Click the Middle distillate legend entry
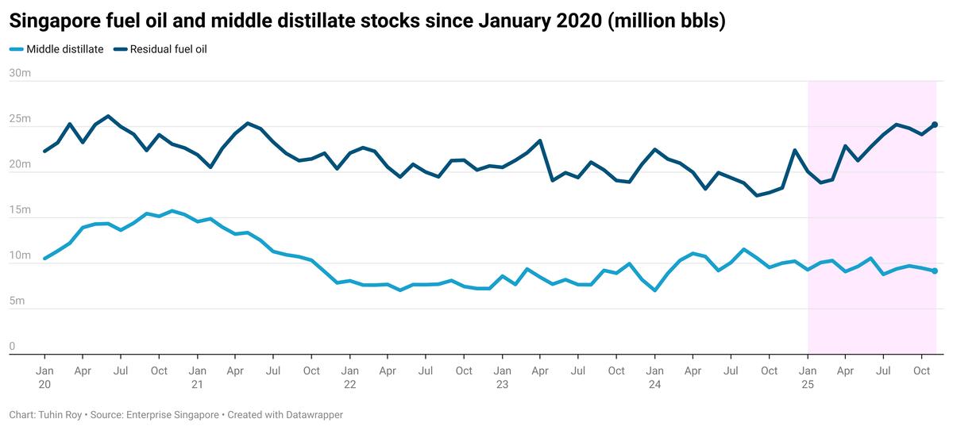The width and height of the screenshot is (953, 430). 64,49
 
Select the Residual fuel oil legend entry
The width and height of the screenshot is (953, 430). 168,49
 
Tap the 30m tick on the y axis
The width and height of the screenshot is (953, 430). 20,74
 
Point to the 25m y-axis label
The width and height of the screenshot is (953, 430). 20,119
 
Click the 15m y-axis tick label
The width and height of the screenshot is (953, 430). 20,210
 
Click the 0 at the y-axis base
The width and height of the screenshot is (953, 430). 13,347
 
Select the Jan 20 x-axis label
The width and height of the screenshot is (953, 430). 44,377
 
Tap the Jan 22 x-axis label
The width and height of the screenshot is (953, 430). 349,377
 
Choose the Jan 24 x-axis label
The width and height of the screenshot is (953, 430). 655,377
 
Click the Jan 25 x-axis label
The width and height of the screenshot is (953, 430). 808,377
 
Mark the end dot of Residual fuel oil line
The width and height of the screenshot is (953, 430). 935,125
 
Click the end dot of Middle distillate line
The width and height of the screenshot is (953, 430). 935,271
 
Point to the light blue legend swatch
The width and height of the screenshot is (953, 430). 16,49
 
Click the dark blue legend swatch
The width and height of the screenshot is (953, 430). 120,49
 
